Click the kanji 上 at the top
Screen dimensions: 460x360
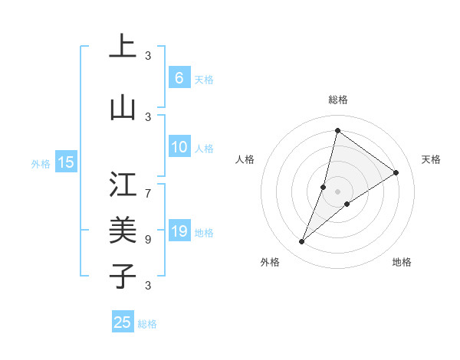pyautogui.click(x=123, y=46)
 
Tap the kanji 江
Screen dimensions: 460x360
pyautogui.click(x=123, y=184)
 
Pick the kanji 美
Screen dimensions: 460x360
pyautogui.click(x=123, y=230)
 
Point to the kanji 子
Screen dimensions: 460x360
pyautogui.click(x=123, y=276)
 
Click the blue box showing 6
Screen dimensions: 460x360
pyautogui.click(x=179, y=77)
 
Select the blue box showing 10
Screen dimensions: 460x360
pyautogui.click(x=179, y=147)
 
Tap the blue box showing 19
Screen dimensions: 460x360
pyautogui.click(x=179, y=231)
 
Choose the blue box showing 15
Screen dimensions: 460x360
pyautogui.click(x=66, y=162)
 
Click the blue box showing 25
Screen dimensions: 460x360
pyautogui.click(x=123, y=322)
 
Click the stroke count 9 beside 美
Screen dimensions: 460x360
pyautogui.click(x=148, y=239)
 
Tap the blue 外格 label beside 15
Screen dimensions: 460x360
pyautogui.click(x=41, y=162)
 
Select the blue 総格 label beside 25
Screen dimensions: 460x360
pyautogui.click(x=147, y=324)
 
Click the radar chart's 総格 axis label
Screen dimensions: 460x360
pyautogui.click(x=338, y=100)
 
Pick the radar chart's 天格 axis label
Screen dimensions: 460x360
pyautogui.click(x=431, y=159)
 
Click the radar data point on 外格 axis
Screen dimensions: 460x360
pyautogui.click(x=302, y=242)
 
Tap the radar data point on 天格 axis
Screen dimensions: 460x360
pyautogui.click(x=396, y=172)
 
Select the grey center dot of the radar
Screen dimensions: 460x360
pyautogui.click(x=338, y=191)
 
